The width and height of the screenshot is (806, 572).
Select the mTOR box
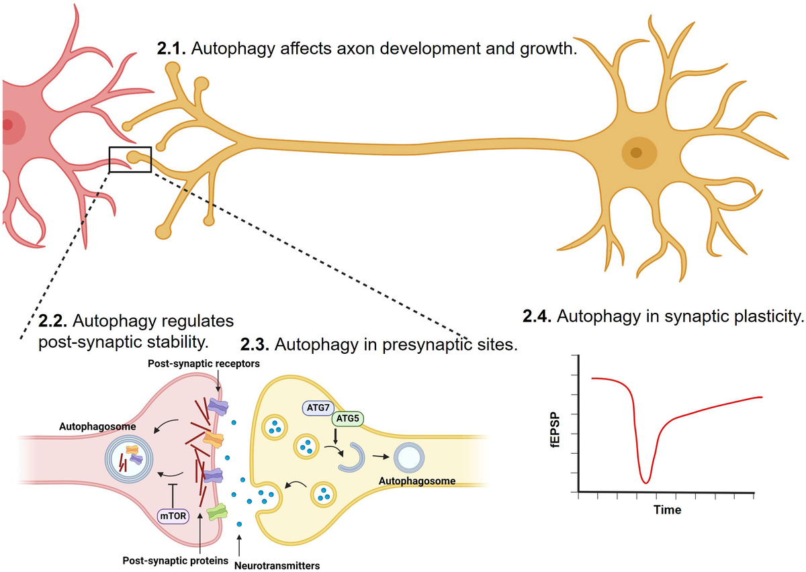(x=173, y=516)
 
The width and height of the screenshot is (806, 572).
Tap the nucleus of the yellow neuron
(x=635, y=152)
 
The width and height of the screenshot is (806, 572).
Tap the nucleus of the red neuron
(x=8, y=125)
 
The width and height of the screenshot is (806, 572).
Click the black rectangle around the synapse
(x=130, y=160)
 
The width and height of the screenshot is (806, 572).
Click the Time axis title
(x=667, y=510)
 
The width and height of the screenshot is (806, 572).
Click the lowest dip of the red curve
(x=645, y=481)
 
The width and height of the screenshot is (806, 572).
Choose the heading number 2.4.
(x=537, y=316)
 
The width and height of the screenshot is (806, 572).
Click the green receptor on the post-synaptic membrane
(x=216, y=514)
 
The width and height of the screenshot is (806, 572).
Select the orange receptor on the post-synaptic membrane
(x=214, y=440)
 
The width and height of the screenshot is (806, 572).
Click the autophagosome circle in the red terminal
(x=128, y=460)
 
